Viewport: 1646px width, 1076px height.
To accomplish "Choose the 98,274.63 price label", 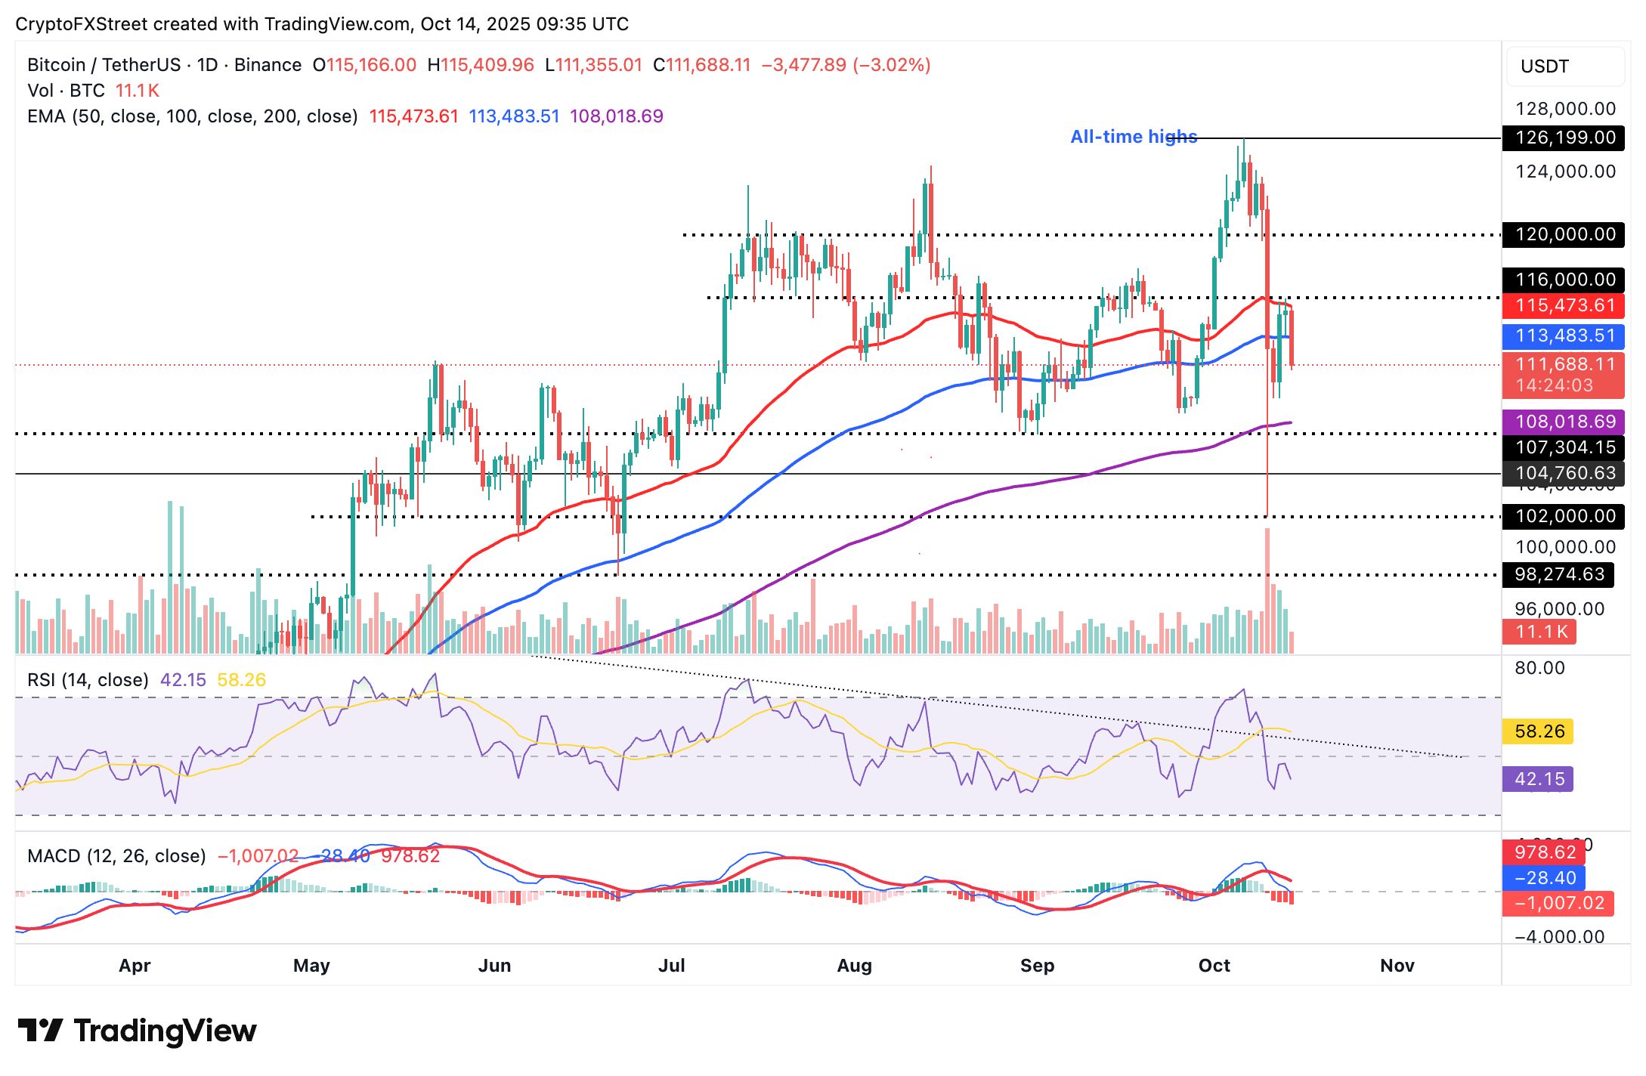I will click(1558, 575).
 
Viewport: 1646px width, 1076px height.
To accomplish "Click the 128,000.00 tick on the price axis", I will click(1565, 110).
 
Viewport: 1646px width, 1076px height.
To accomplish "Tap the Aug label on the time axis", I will click(854, 966).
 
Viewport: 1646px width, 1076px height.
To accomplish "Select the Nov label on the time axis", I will click(1397, 966).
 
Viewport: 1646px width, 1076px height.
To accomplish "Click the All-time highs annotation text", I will click(1134, 137).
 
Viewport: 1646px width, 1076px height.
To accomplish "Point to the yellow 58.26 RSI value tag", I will click(1539, 731).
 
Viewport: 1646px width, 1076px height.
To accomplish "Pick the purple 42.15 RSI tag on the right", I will click(1539, 779).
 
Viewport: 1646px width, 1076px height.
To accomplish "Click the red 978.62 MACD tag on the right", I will click(1545, 853).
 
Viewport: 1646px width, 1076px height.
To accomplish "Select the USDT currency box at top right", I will click(1564, 66).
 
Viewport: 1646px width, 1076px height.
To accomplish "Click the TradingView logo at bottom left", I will click(137, 1031).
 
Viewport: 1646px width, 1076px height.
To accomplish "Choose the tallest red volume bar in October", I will click(1267, 589).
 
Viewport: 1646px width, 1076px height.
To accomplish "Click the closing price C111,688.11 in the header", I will click(702, 65).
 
